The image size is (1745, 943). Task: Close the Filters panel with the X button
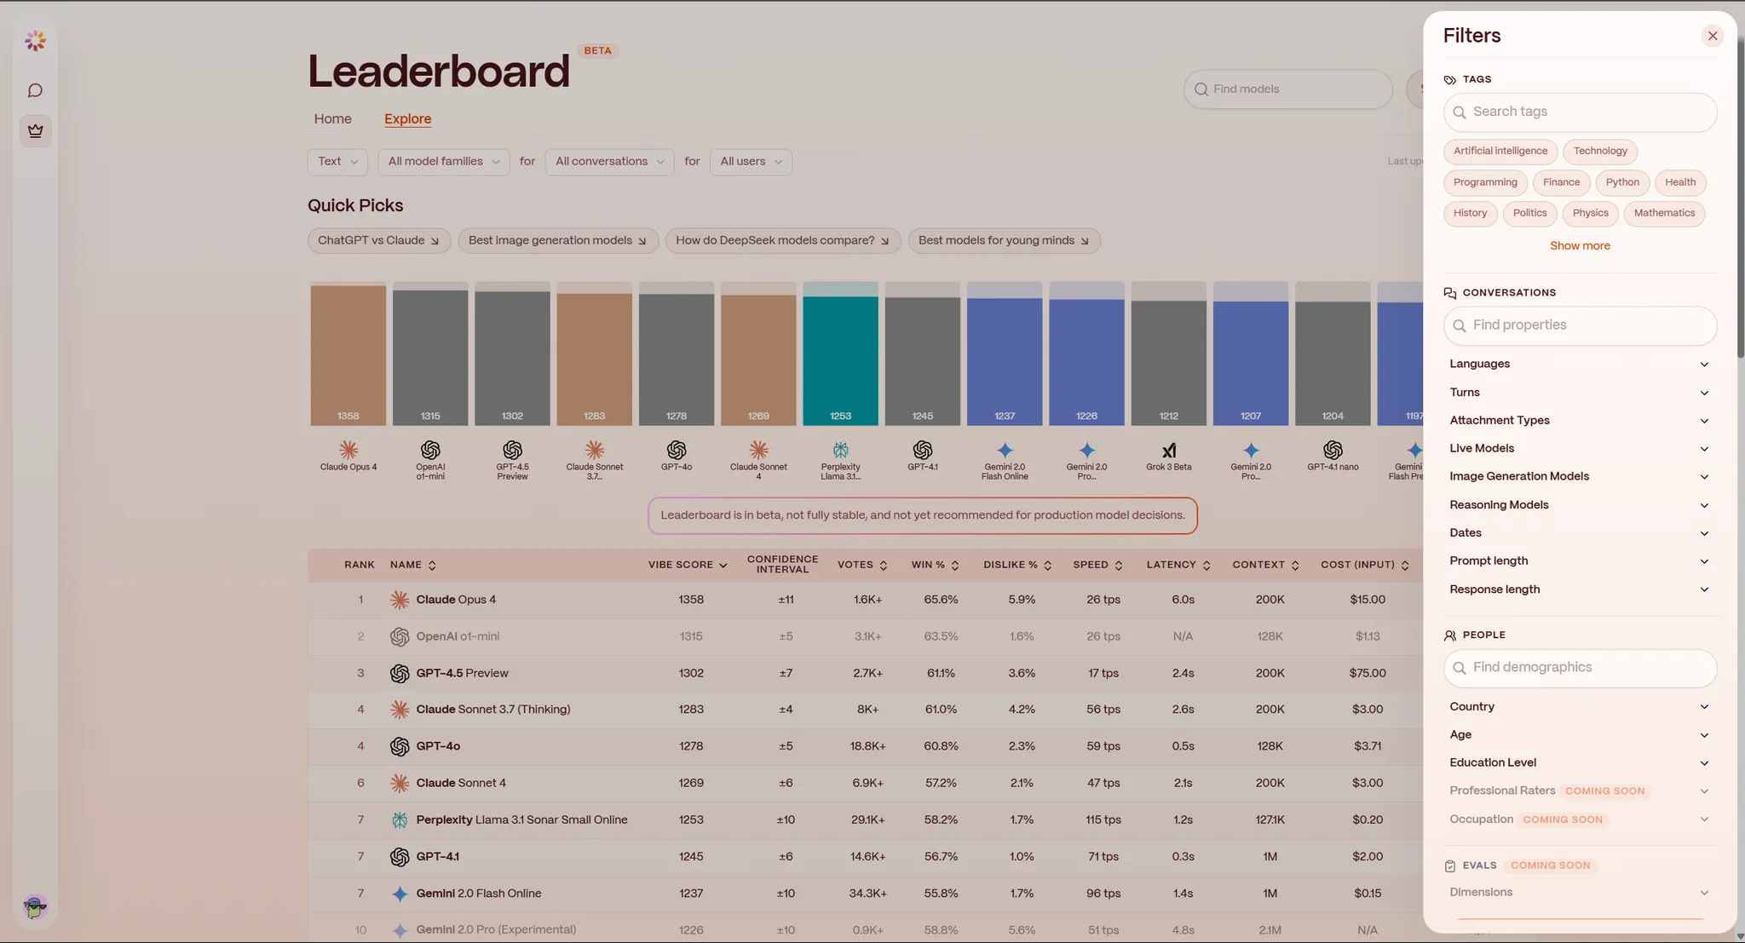tap(1712, 36)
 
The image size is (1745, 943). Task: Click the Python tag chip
tap(1621, 182)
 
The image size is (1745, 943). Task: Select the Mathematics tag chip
tap(1663, 213)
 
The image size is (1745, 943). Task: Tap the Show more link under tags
tap(1579, 245)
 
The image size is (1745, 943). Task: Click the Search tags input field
tap(1580, 112)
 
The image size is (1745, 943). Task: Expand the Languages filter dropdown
tap(1579, 364)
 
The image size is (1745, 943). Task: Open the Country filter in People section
tap(1579, 707)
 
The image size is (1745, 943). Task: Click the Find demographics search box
tap(1580, 668)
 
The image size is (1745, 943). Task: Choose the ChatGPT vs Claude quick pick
tap(378, 241)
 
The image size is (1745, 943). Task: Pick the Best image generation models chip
tap(557, 241)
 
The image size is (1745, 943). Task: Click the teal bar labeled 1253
tap(840, 358)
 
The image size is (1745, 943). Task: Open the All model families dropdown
tap(443, 162)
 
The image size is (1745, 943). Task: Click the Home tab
tap(332, 119)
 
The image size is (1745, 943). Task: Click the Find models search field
tap(1287, 89)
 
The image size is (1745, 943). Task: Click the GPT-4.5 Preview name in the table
tap(462, 673)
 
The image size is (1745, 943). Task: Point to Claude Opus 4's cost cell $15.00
tap(1367, 600)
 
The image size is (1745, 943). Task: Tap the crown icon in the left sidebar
tap(35, 131)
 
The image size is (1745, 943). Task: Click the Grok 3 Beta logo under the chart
tap(1168, 451)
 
